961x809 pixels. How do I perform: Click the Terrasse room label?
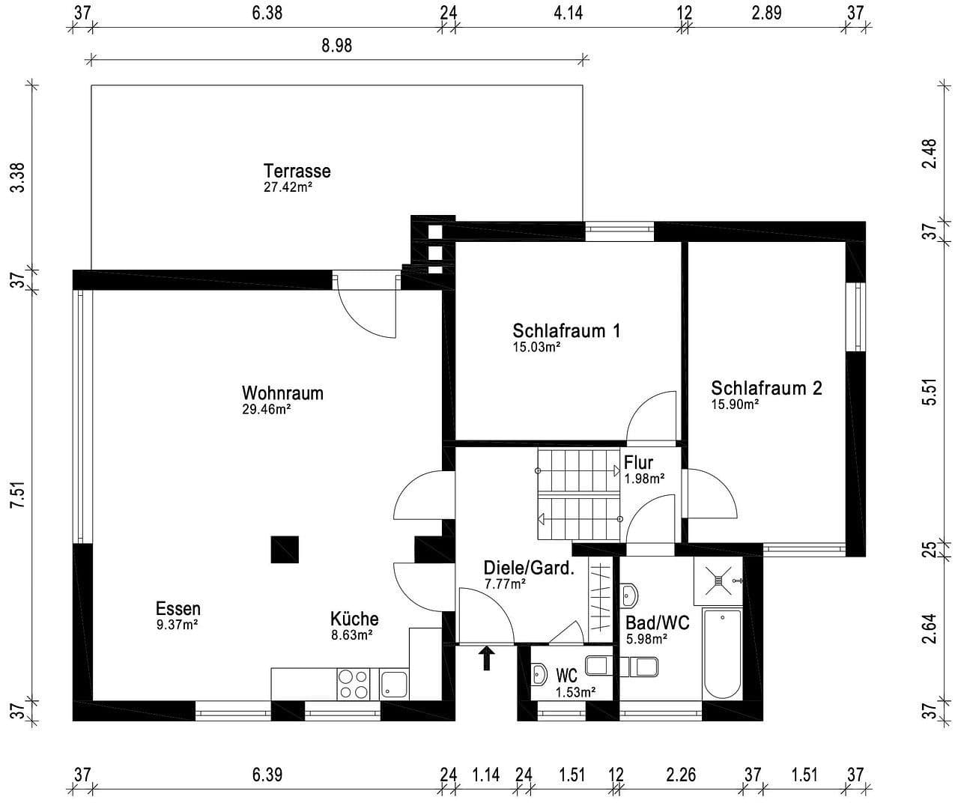pyautogui.click(x=297, y=171)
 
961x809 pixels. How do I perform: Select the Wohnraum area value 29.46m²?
pyautogui.click(x=266, y=410)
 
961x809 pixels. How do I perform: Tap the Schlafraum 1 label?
pyautogui.click(x=566, y=330)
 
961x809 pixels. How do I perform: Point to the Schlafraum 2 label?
pyautogui.click(x=766, y=388)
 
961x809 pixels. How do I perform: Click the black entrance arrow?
pyautogui.click(x=487, y=658)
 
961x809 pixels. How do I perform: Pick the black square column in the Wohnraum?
pyautogui.click(x=285, y=549)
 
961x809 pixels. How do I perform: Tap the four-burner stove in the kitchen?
pyautogui.click(x=354, y=683)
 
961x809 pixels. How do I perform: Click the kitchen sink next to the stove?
pyautogui.click(x=394, y=684)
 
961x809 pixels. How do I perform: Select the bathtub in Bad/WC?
pyautogui.click(x=722, y=654)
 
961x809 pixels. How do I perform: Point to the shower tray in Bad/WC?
pyautogui.click(x=718, y=581)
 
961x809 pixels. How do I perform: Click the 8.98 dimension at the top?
pyautogui.click(x=336, y=46)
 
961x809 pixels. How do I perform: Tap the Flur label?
pyautogui.click(x=638, y=463)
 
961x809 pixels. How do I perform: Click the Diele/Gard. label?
pyautogui.click(x=529, y=568)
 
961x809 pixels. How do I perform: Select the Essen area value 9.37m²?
pyautogui.click(x=177, y=625)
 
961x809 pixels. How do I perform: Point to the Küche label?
pyautogui.click(x=354, y=619)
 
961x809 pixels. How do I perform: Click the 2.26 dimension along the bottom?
pyautogui.click(x=681, y=774)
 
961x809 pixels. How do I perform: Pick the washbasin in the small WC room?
pyautogui.click(x=539, y=674)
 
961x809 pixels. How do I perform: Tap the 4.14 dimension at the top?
pyautogui.click(x=568, y=13)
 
